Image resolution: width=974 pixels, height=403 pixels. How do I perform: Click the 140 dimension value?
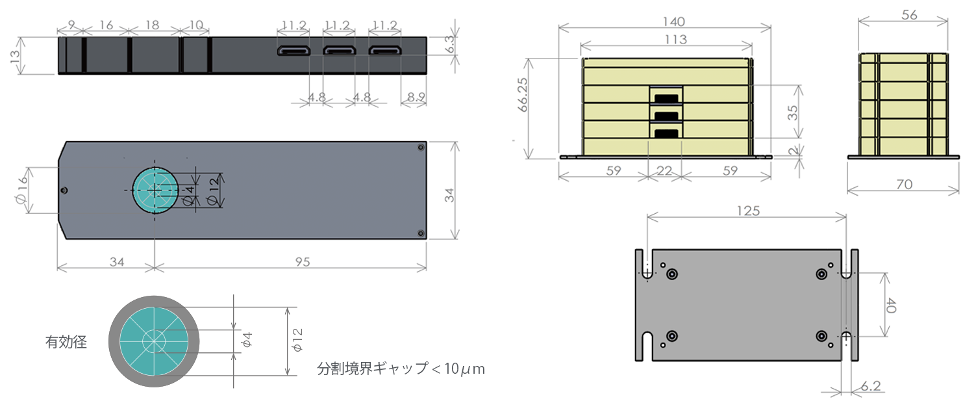point(665,21)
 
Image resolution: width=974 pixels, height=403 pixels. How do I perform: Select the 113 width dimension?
point(666,40)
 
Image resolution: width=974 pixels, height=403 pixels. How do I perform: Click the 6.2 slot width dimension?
point(871,385)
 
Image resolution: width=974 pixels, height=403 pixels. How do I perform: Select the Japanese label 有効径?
point(66,341)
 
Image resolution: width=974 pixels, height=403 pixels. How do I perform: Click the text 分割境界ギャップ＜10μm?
point(401,369)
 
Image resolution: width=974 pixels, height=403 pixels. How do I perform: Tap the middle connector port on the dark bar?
point(337,51)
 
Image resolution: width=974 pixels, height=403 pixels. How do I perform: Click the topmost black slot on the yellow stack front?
point(666,97)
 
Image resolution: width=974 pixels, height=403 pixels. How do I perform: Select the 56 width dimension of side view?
point(909,15)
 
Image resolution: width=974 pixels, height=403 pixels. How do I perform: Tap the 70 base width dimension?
point(903,184)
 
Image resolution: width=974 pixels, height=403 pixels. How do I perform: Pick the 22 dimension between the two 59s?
point(665,171)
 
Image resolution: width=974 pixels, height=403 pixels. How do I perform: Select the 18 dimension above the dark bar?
point(153,25)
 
